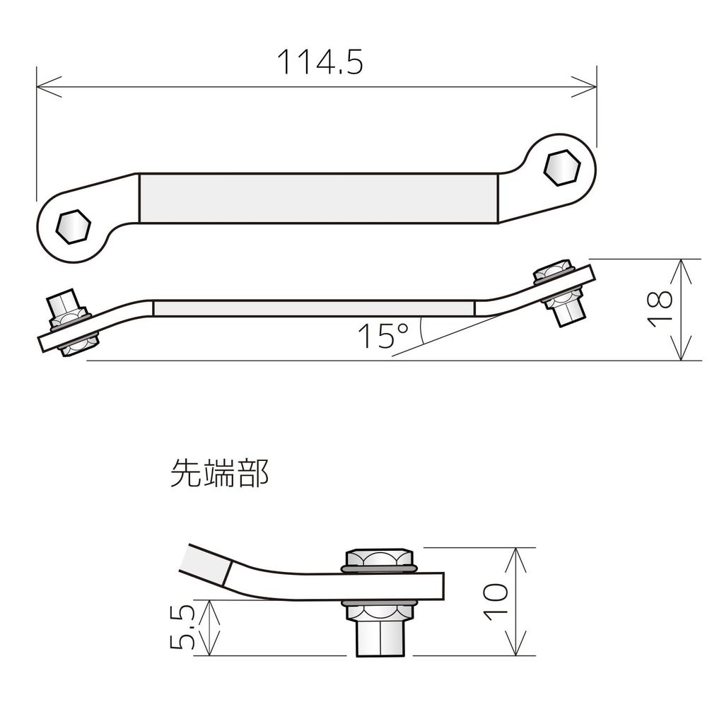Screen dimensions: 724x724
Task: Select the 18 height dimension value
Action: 659,309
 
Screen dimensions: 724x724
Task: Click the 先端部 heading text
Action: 219,474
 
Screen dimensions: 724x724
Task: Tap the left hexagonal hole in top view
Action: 73,226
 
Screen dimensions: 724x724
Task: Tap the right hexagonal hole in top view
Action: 562,168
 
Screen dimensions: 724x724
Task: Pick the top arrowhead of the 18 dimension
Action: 680,266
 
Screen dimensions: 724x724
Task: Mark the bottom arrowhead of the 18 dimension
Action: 680,354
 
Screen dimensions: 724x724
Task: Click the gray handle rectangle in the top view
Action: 318,198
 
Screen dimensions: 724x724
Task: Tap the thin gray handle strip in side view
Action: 313,308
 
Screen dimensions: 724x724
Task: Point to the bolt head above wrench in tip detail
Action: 378,560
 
